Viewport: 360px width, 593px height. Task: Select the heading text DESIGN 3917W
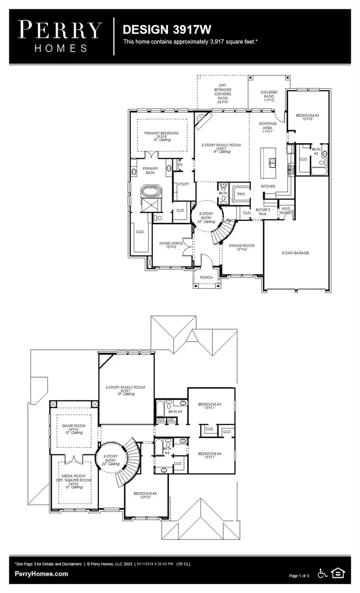pos(167,30)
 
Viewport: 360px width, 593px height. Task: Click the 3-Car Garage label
pos(295,253)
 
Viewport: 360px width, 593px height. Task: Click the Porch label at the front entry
pos(206,277)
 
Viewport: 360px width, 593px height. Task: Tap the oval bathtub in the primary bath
pos(151,192)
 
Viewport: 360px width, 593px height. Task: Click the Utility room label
pos(184,184)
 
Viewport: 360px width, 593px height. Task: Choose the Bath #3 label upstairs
pos(175,411)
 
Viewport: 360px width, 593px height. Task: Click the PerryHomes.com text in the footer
pos(41,574)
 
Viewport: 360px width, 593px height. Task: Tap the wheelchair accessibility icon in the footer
pos(322,573)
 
